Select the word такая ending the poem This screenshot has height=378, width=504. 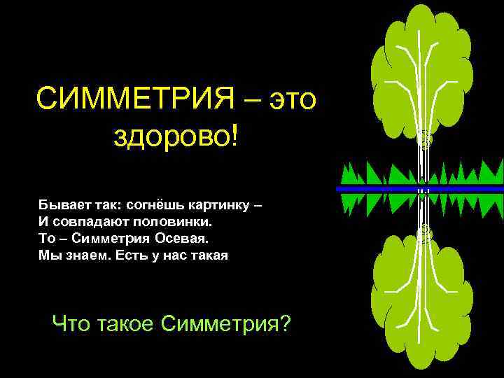[x=208, y=255]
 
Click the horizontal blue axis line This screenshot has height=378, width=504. [x=378, y=189]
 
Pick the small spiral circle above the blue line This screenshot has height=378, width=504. [x=424, y=140]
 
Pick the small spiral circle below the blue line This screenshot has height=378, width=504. [x=424, y=231]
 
